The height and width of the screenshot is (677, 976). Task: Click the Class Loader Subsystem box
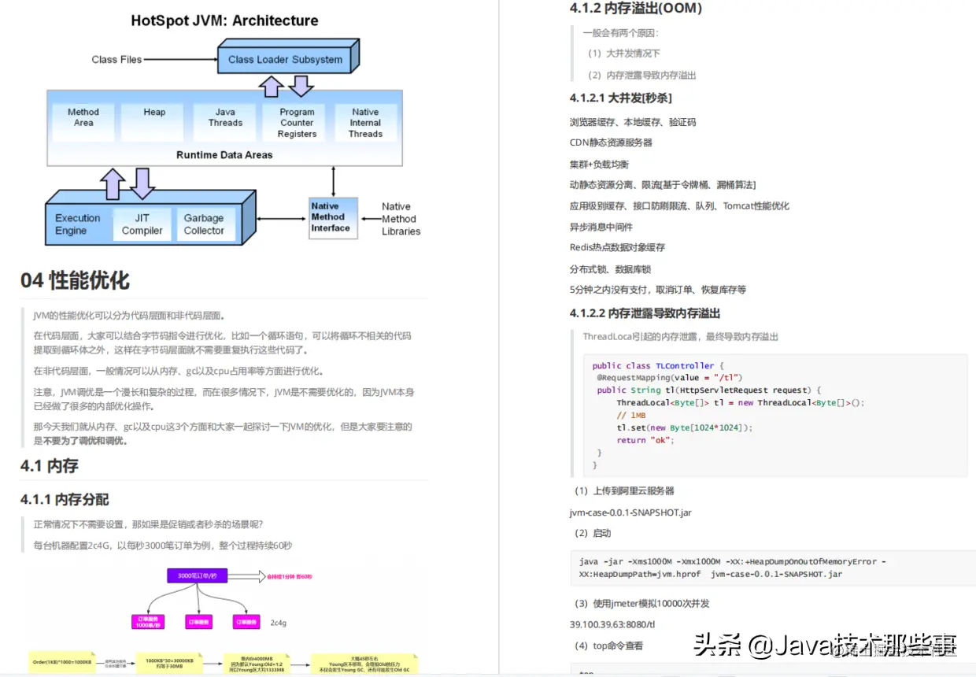click(285, 59)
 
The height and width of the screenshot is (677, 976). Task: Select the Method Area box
click(83, 117)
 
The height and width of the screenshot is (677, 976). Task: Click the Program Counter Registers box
click(297, 123)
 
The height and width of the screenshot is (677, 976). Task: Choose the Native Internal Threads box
click(365, 123)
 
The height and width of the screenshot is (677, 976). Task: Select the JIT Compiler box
click(142, 224)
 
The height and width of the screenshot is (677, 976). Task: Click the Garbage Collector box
click(204, 224)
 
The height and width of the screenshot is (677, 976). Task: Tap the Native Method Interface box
click(331, 217)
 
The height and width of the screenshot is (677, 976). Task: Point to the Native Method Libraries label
click(401, 219)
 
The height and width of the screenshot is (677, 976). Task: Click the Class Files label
click(116, 59)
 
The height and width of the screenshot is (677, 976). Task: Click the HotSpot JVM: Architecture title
click(224, 20)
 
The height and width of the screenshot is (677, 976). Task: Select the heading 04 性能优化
click(76, 280)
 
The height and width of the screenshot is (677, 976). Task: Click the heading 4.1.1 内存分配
click(65, 499)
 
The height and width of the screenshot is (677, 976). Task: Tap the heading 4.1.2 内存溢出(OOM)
click(635, 9)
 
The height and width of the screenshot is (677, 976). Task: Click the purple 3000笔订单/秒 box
click(197, 575)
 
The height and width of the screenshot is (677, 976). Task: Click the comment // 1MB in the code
click(631, 415)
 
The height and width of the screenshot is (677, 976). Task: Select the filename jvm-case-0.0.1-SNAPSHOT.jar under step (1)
click(630, 512)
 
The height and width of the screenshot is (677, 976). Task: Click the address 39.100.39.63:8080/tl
click(612, 624)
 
